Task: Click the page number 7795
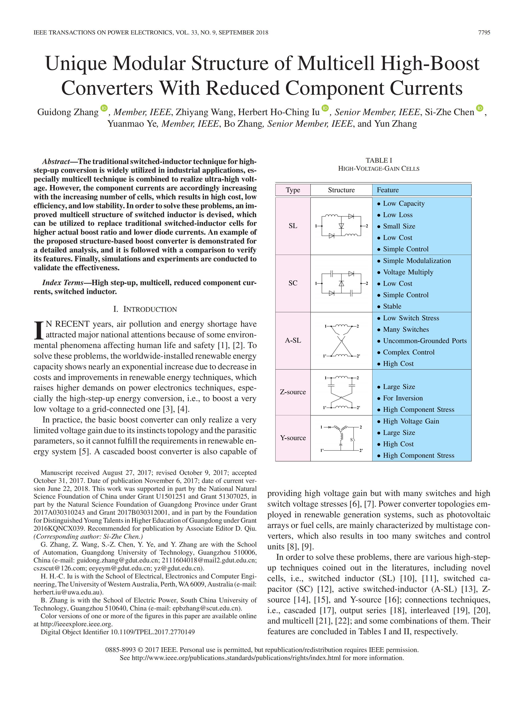coord(484,32)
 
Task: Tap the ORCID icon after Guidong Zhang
coord(104,108)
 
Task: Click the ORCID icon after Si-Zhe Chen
coord(480,108)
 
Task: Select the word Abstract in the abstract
coord(56,161)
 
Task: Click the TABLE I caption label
coord(379,160)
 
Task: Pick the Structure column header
coord(341,190)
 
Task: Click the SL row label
coord(293,226)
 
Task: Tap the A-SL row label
coord(293,340)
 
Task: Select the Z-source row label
coord(293,392)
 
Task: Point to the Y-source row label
coord(293,438)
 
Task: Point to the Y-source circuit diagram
coord(341,438)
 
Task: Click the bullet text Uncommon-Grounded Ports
coord(425,341)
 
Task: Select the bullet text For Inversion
coord(403,398)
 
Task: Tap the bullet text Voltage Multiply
coord(408,272)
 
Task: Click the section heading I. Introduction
coord(145,309)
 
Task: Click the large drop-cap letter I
coord(38,330)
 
